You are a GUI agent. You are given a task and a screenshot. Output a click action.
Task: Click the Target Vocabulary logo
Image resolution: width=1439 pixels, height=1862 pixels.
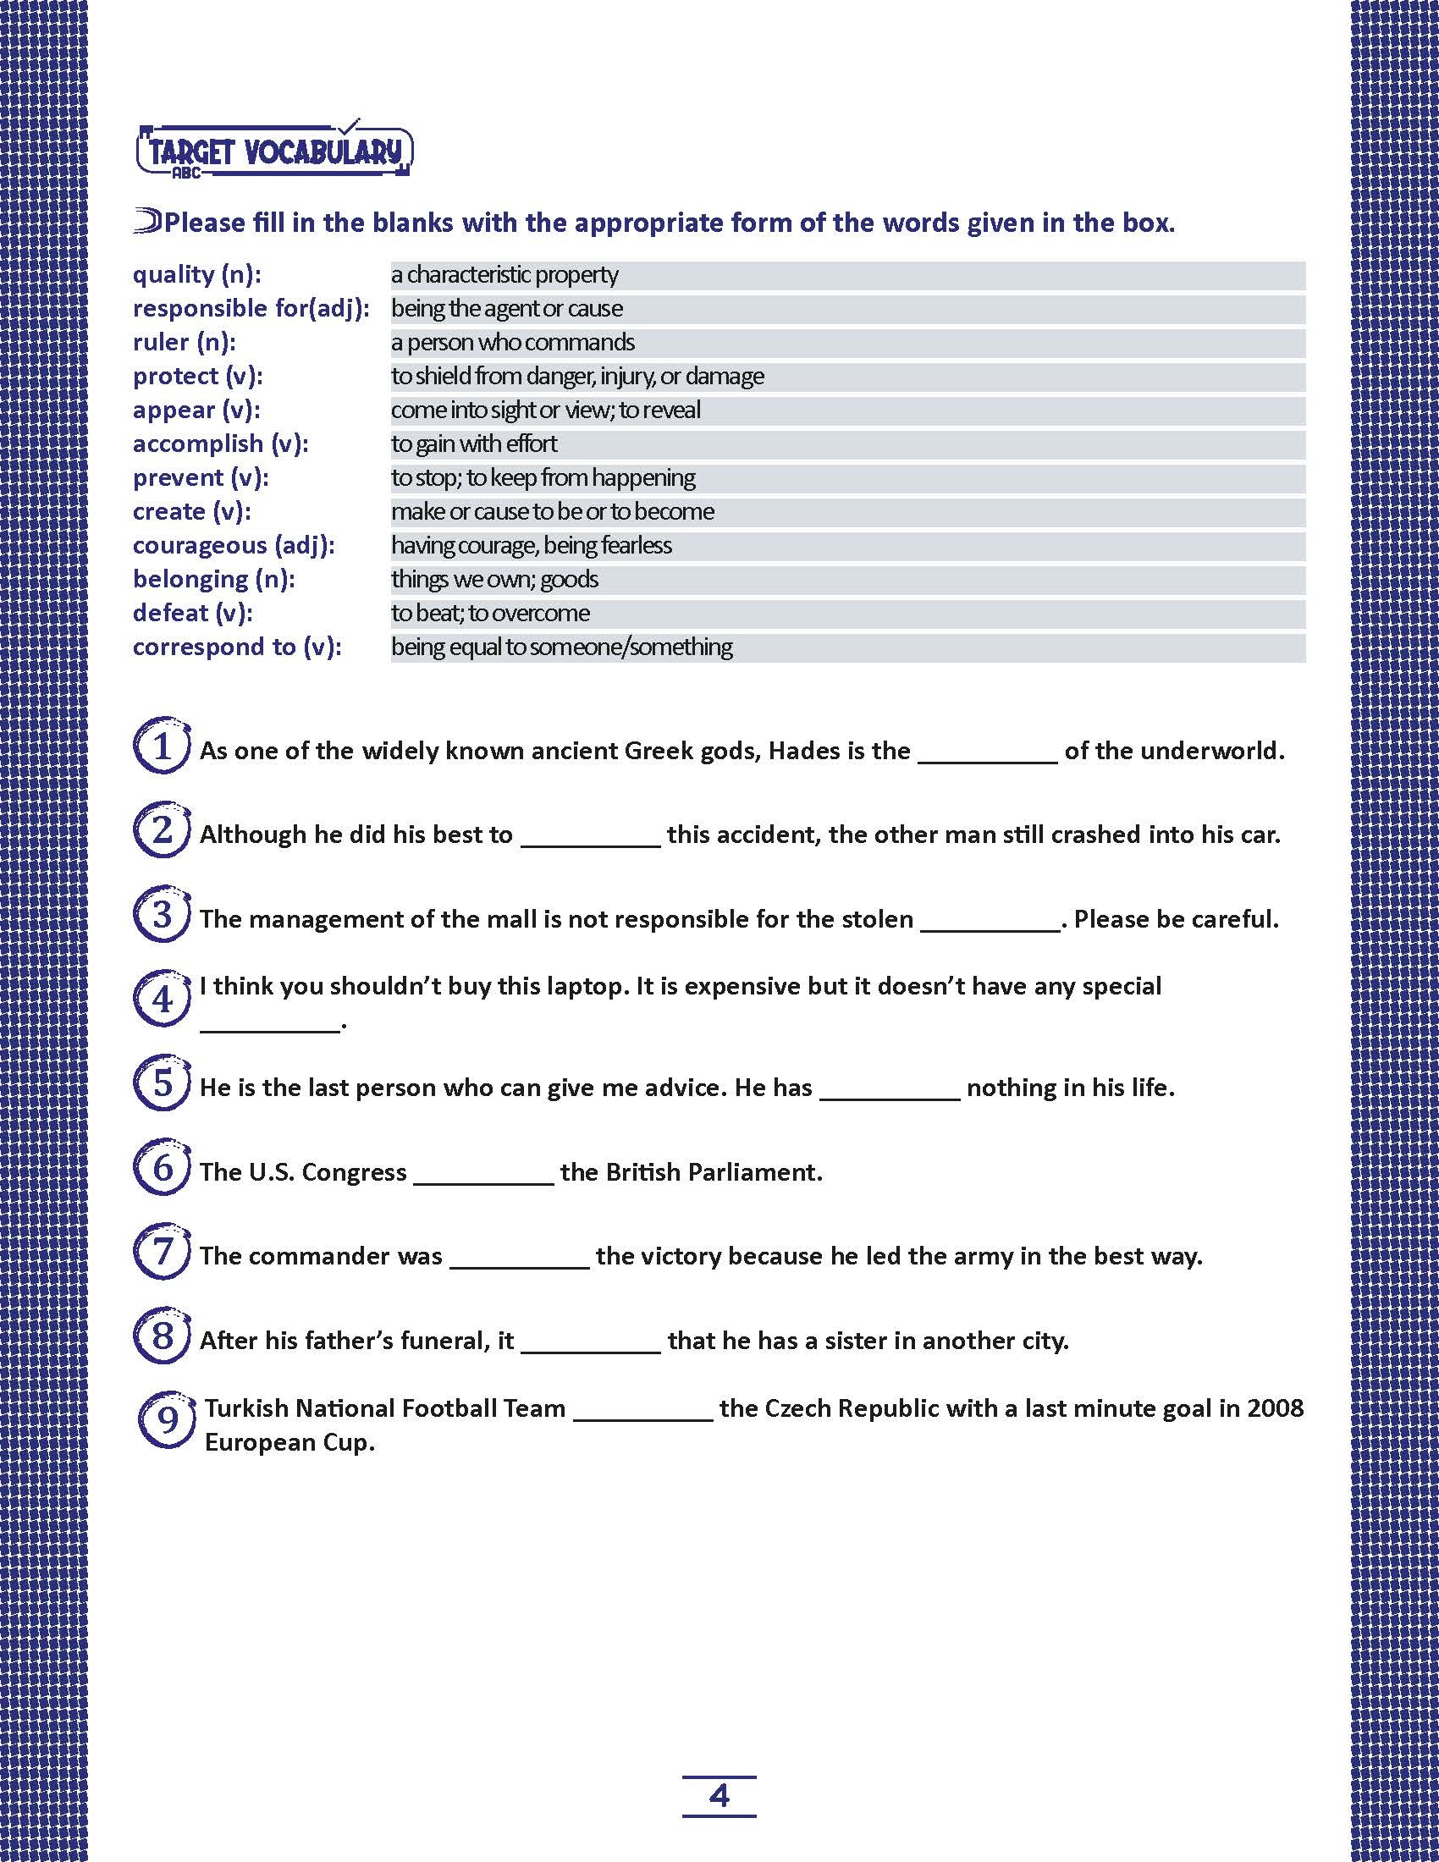[x=274, y=151]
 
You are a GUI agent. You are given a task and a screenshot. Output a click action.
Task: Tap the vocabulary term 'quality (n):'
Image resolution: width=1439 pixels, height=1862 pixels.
[x=197, y=274]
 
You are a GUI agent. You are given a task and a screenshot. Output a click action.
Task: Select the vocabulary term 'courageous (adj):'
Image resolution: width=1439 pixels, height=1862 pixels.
[x=234, y=546]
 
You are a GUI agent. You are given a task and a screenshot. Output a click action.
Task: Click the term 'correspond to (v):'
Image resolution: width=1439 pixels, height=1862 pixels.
[x=237, y=647]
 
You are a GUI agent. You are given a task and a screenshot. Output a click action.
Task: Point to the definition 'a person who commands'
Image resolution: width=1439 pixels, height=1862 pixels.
[x=512, y=343]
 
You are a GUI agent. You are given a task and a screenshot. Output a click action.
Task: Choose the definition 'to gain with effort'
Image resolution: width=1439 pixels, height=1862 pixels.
[x=474, y=444]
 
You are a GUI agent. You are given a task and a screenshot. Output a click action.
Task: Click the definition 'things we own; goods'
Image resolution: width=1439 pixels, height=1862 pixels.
[x=494, y=580]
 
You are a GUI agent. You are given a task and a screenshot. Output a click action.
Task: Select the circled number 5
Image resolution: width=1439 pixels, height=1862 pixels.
[x=161, y=1083]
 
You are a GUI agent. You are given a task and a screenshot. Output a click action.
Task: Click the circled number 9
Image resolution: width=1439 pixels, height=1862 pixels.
[x=166, y=1420]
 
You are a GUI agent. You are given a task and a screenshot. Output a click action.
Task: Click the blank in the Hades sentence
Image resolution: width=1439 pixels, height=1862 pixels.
[x=987, y=754]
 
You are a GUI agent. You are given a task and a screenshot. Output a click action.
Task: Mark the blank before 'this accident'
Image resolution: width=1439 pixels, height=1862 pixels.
[x=590, y=838]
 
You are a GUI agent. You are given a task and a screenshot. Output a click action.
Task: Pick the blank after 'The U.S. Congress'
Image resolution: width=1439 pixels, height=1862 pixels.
[x=483, y=1176]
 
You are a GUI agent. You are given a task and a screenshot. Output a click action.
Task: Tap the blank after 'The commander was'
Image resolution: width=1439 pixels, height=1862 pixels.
[x=519, y=1259]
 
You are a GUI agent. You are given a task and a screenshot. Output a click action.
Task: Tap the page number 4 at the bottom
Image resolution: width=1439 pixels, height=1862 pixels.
[x=719, y=1796]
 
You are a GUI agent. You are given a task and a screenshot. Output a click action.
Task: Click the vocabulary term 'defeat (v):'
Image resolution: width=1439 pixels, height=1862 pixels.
[x=193, y=613]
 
